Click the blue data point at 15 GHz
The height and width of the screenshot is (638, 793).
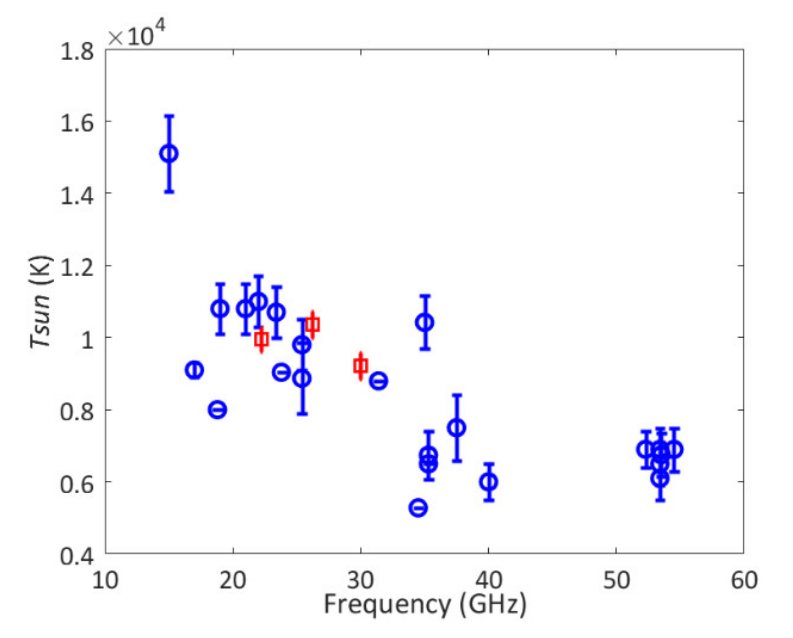169,153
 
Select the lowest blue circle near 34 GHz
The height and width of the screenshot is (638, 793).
418,508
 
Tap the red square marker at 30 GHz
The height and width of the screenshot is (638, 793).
361,366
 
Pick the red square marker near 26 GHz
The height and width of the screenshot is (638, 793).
313,325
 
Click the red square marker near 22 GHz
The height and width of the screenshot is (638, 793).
262,339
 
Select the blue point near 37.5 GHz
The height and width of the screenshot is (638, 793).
457,428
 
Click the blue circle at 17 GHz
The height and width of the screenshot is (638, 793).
194,370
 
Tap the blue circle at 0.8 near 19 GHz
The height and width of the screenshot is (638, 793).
217,410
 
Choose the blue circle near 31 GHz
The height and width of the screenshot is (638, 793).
378,381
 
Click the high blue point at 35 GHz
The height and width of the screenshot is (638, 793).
425,322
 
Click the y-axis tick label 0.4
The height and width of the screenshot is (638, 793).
77,556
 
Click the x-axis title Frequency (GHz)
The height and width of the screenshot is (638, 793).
425,604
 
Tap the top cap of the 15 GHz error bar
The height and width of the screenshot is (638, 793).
169,116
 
